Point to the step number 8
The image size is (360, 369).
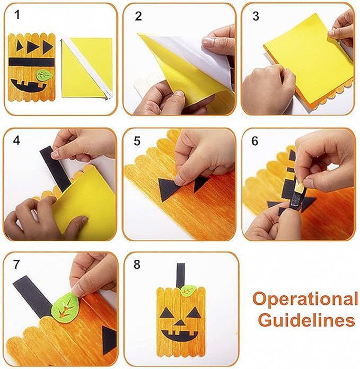coord(137,264)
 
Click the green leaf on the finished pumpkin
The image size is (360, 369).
coord(188,291)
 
